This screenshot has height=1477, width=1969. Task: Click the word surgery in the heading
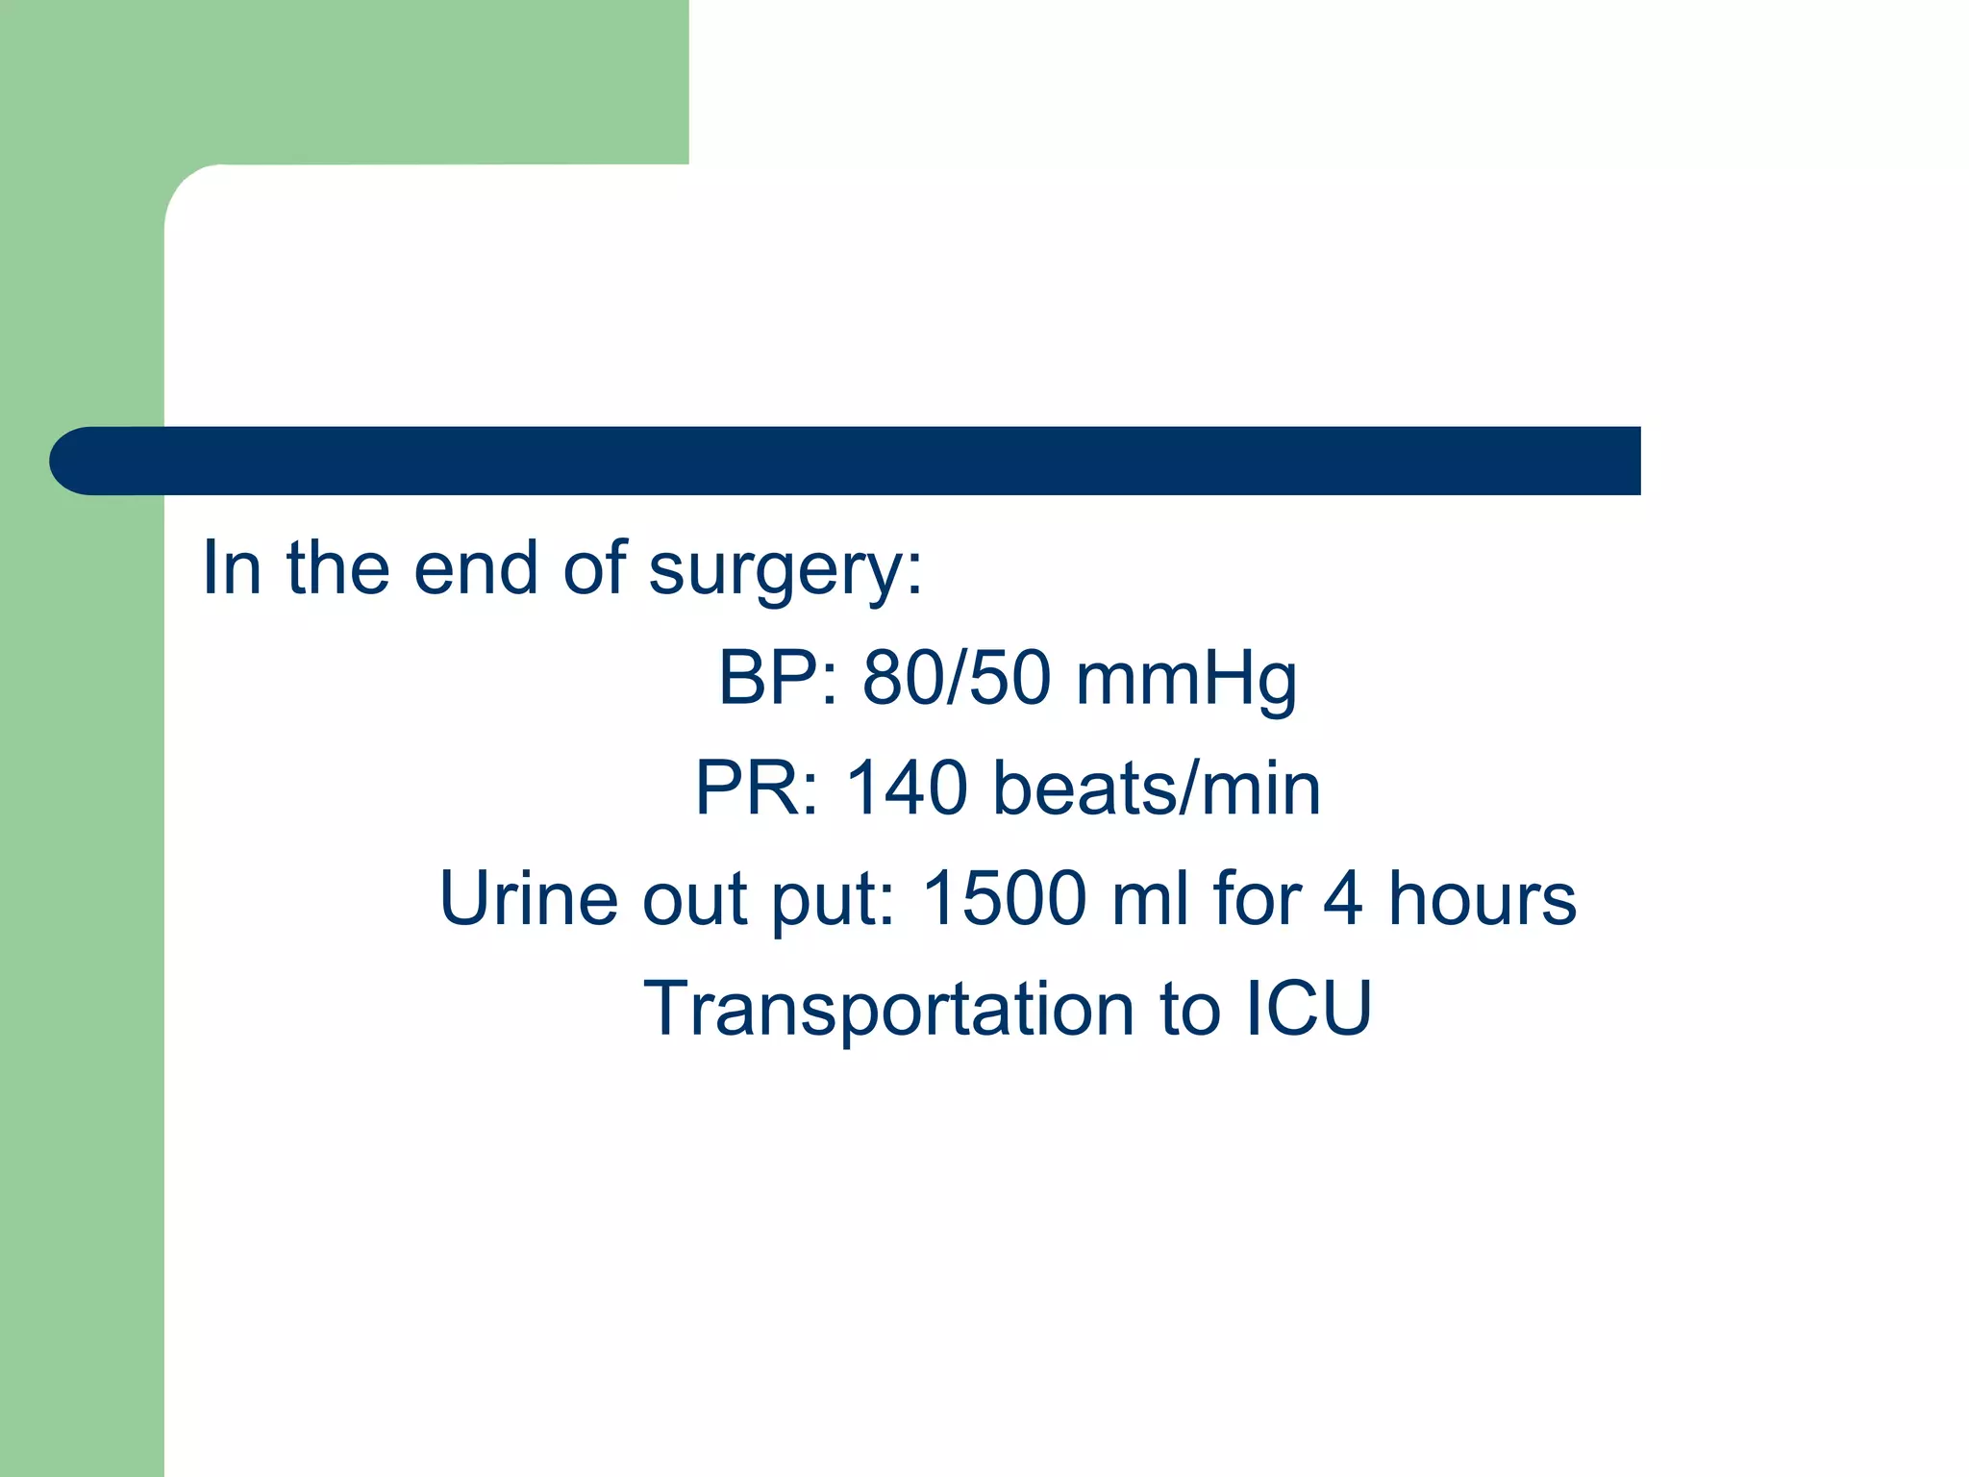pos(785,570)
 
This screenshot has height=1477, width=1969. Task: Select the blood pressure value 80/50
pos(957,678)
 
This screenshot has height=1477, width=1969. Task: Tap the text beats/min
pos(1157,789)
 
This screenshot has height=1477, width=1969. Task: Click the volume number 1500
pos(1004,899)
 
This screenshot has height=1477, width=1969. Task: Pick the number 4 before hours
pos(1343,899)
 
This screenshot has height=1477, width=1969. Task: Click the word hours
pos(1482,899)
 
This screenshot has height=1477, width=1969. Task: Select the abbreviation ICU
pos(1309,1010)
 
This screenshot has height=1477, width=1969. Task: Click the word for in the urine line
pos(1257,899)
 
